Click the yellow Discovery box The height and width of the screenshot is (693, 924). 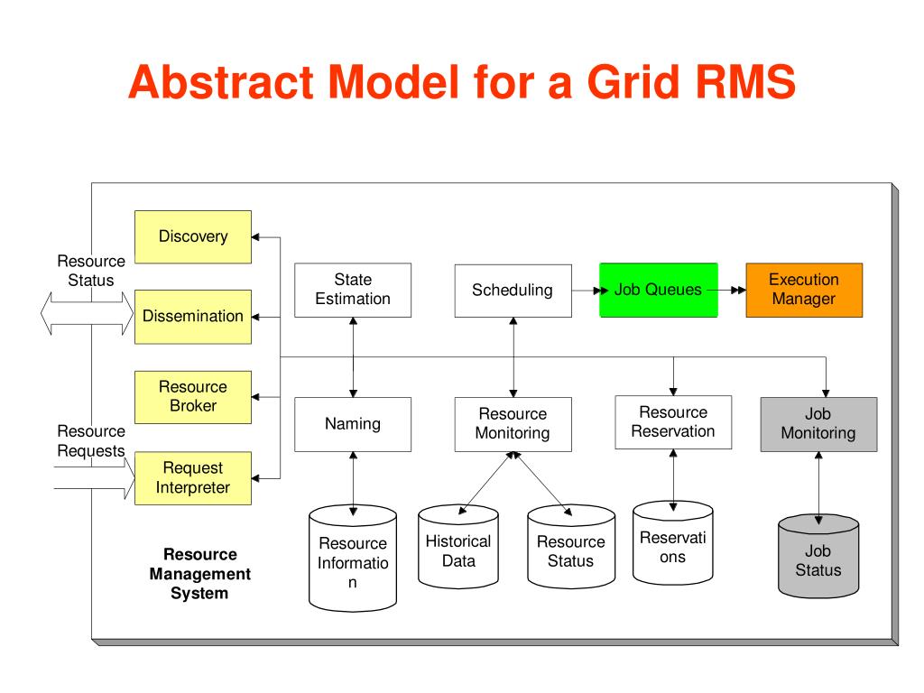click(193, 237)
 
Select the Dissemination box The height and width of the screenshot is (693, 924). click(193, 317)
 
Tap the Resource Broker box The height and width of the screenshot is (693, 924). click(193, 397)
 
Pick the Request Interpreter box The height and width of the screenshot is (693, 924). click(193, 478)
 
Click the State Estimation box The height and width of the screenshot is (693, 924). click(353, 290)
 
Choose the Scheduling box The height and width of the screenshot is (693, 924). click(513, 290)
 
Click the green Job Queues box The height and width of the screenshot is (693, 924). click(658, 290)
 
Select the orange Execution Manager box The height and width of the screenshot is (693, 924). click(804, 290)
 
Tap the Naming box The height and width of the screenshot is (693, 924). click(353, 424)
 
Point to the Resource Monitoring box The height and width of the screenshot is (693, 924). click(513, 424)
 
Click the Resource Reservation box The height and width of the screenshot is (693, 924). click(673, 422)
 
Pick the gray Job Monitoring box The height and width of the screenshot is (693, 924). click(818, 424)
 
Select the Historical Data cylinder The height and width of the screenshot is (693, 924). click(458, 546)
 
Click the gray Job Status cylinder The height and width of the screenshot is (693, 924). click(818, 556)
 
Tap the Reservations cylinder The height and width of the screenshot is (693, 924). click(673, 542)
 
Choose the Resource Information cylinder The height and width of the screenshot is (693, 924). click(353, 558)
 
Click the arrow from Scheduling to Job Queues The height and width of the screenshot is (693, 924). click(590, 291)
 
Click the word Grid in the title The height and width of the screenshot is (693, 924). click(634, 81)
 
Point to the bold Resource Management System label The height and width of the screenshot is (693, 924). click(199, 573)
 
